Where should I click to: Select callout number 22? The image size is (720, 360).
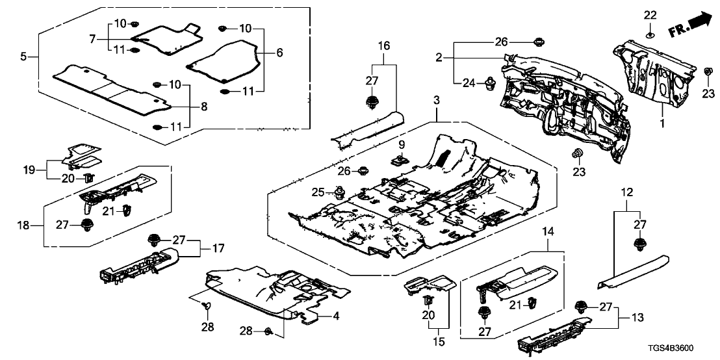[650, 15]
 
